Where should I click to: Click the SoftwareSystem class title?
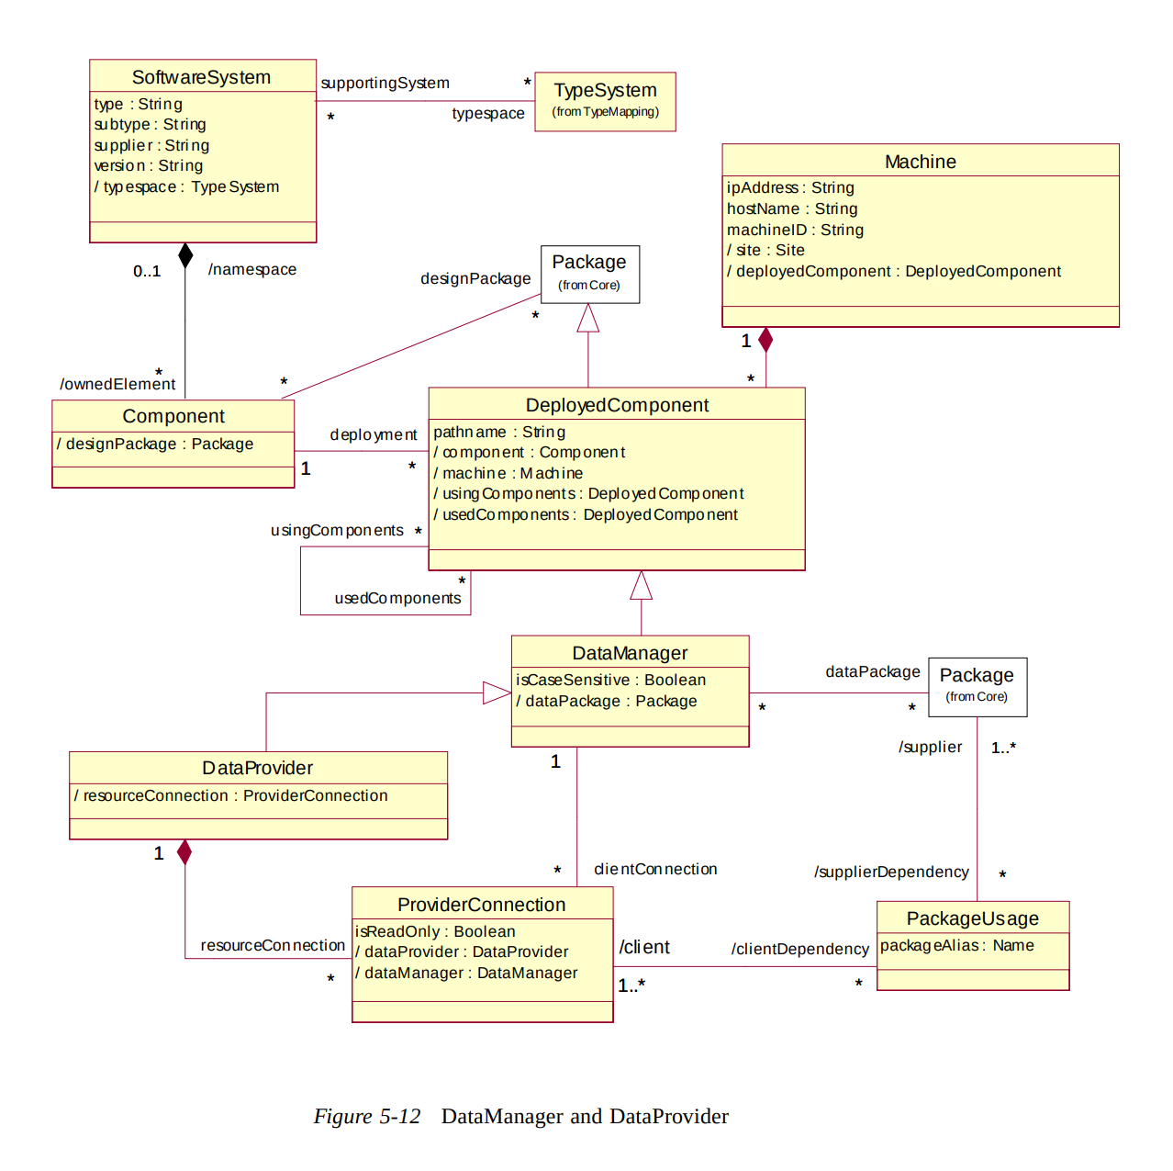201,77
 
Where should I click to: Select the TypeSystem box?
605,101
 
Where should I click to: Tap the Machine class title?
920,162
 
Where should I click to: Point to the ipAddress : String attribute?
790,187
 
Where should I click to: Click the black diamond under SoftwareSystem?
185,255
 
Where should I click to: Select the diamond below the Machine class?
765,340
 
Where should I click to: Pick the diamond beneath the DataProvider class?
184,852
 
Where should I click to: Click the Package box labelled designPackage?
589,274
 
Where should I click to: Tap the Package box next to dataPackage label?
977,686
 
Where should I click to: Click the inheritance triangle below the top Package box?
588,319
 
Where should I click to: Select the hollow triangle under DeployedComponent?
641,586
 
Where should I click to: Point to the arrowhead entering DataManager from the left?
497,693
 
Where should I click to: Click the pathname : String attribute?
499,432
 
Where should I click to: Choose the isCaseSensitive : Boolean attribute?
610,680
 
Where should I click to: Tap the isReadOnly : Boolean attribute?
435,931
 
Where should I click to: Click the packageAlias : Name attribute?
956,945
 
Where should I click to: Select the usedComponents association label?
397,598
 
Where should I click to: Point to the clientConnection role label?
655,869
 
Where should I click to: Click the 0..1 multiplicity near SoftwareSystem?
147,271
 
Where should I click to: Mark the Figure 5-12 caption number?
367,1116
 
